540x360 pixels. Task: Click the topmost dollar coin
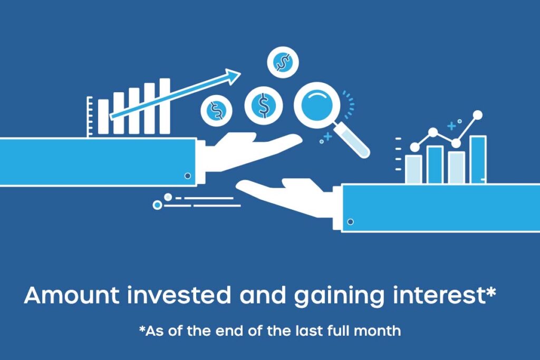283,62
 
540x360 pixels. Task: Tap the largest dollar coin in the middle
264,105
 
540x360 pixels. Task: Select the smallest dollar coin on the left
216,111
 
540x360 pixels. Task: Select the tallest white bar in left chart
165,106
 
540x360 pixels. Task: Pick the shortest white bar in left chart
103,116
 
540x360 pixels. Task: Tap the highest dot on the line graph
478,115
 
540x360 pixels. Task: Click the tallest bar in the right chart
478,159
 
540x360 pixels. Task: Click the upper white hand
249,151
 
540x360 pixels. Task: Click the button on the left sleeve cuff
188,176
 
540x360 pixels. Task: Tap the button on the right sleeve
350,222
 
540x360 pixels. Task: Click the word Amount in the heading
72,295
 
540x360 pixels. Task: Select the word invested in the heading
179,295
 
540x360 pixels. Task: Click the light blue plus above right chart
451,127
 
